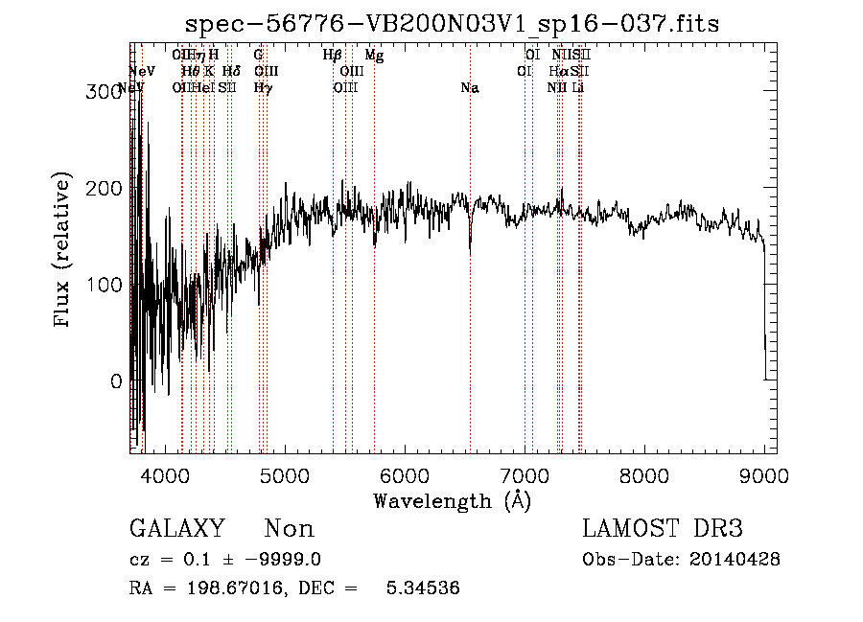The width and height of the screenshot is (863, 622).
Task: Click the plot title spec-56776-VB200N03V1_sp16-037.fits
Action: click(x=452, y=23)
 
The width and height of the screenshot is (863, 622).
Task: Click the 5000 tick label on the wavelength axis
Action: click(x=284, y=474)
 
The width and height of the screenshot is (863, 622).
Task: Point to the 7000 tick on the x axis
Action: click(x=525, y=474)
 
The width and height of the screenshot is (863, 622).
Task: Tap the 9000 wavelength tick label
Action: click(x=764, y=474)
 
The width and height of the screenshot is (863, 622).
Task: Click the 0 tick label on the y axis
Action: click(x=115, y=381)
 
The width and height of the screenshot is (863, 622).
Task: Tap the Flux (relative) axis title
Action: click(x=63, y=251)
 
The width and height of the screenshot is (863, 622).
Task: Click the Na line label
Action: click(x=470, y=88)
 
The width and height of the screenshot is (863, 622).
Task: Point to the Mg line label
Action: click(x=374, y=57)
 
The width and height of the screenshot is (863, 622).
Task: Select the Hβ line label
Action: click(x=333, y=57)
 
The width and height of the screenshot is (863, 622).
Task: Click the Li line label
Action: click(x=577, y=88)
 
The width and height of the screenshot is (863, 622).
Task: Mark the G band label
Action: click(x=258, y=57)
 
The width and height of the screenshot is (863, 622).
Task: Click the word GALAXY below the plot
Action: click(x=177, y=529)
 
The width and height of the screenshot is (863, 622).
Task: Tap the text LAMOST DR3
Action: click(x=663, y=529)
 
